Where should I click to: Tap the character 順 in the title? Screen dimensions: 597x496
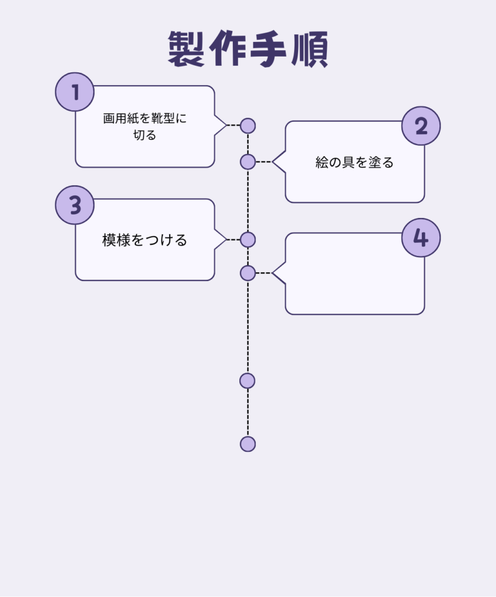coord(309,50)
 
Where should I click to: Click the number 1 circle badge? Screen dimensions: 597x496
coord(75,92)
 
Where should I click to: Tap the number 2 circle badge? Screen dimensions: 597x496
coord(421,126)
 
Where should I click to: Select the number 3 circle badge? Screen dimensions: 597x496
coord(75,205)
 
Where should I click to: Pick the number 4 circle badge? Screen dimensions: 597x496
coord(421,238)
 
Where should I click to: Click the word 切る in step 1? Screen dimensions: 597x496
coord(145,135)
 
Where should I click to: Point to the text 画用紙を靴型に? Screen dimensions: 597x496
coord(145,118)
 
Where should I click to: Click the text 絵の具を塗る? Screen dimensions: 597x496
coord(355,163)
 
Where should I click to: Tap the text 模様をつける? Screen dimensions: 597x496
coord(145,240)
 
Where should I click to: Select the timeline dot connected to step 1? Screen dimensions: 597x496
coord(248,125)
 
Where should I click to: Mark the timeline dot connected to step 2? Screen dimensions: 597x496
coord(248,161)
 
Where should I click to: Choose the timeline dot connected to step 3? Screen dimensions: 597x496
coord(248,239)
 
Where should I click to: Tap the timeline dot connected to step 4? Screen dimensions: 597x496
coord(248,273)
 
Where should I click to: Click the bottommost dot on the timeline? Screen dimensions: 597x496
coord(248,444)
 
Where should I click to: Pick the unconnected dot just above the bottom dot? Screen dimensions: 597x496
coord(247,381)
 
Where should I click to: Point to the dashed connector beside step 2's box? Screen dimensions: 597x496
coord(264,161)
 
